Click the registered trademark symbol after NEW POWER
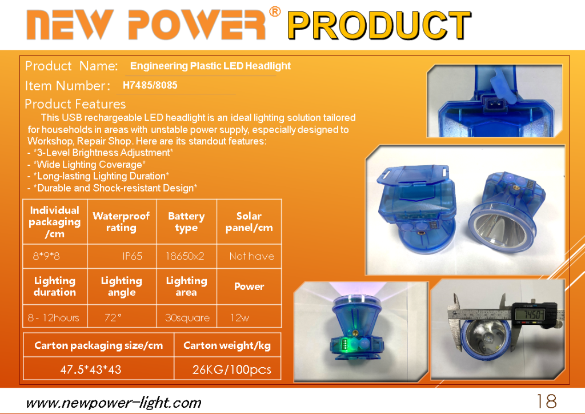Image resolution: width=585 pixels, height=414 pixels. [275, 12]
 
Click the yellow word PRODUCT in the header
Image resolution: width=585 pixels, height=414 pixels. [379, 26]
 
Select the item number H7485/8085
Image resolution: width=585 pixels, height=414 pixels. [150, 85]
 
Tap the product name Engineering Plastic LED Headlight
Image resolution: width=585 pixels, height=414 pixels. [210, 66]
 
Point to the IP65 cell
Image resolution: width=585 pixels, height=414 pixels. [132, 256]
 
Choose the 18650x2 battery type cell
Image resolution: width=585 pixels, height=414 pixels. [185, 256]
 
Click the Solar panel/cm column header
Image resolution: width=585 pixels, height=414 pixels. [249, 222]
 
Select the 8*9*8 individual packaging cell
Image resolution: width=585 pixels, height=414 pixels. [46, 256]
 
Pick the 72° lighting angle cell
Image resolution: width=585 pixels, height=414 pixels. [113, 318]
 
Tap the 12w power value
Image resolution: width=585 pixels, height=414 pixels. [239, 318]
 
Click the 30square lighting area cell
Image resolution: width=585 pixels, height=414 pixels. [187, 318]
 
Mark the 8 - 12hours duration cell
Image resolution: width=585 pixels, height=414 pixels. [53, 318]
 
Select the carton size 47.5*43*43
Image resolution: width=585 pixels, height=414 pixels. [91, 369]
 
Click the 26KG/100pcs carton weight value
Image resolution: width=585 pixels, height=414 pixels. [232, 369]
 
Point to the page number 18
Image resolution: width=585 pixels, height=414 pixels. [546, 401]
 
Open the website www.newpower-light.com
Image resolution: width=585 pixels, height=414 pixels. [114, 403]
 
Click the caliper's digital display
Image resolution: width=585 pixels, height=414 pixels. [530, 315]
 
